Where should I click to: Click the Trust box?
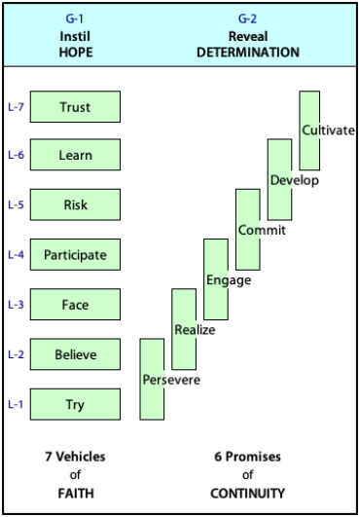pos(75,107)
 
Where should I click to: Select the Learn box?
pos(75,155)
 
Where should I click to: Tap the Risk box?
pos(75,204)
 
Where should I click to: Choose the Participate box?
pos(75,254)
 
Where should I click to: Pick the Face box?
pos(75,305)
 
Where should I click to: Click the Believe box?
pos(75,354)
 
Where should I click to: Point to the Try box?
pos(75,404)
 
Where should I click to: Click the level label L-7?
pos(16,107)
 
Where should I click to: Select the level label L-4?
pos(16,254)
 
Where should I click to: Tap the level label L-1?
pos(16,404)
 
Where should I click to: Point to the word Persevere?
pos(171,380)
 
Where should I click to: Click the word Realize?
pos(195,330)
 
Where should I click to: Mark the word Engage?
pos(229,280)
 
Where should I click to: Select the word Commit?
pos(262,230)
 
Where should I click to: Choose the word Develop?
pos(295,181)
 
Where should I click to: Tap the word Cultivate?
pos(329,130)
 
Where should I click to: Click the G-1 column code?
pos(75,18)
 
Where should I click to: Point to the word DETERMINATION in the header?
pos(248,53)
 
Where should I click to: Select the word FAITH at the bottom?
pos(76,494)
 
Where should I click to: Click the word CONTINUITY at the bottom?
pos(248,494)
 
